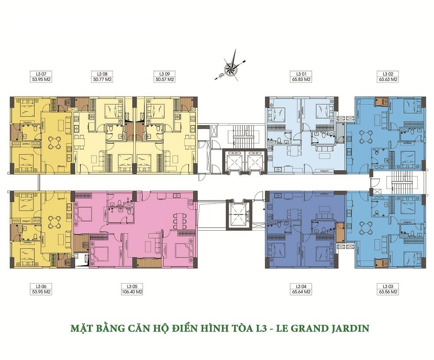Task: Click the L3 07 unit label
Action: pos(41,74)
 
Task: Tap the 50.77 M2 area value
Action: pos(102,79)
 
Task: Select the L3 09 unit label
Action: pos(164,74)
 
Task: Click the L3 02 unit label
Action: pos(388,74)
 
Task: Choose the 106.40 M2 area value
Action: pos(132,292)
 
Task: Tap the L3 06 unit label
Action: pos(41,286)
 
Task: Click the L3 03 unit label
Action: pos(388,286)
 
